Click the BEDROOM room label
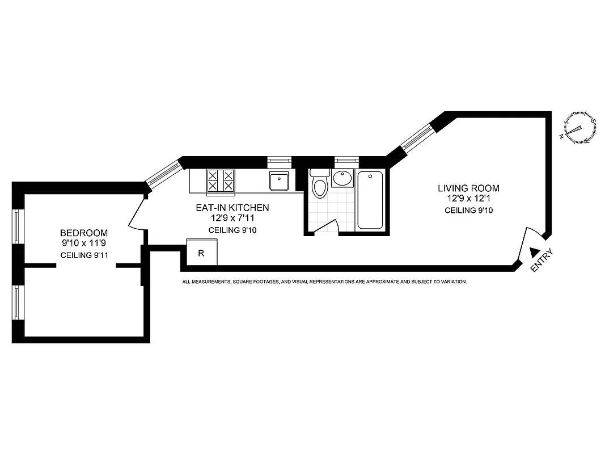[84, 233]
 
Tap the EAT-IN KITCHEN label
[232, 208]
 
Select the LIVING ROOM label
[468, 188]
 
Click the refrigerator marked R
[201, 253]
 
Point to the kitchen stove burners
[221, 180]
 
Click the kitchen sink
[280, 182]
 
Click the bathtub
[370, 200]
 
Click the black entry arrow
[534, 252]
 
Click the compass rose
[579, 127]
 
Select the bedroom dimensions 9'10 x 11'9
[84, 243]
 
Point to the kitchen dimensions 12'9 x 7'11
[232, 218]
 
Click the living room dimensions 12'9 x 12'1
[468, 199]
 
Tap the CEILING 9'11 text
[84, 255]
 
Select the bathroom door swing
[325, 226]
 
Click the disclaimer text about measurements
[324, 281]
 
